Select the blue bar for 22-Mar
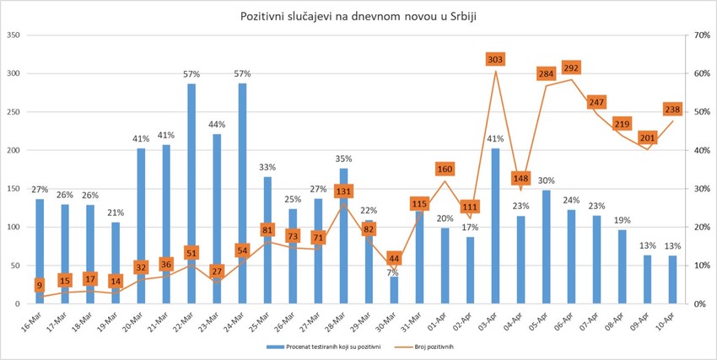tap(191, 194)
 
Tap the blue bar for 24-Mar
tap(243, 194)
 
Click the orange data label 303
tap(495, 59)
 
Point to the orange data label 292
tap(572, 68)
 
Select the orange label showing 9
tap(39, 286)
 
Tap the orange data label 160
tap(445, 169)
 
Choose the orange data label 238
tap(673, 110)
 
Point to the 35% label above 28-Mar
tap(343, 159)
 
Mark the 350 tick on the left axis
tap(14, 35)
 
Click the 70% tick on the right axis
tap(700, 35)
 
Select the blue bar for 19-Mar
tap(116, 262)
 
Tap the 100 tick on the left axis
tap(14, 227)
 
